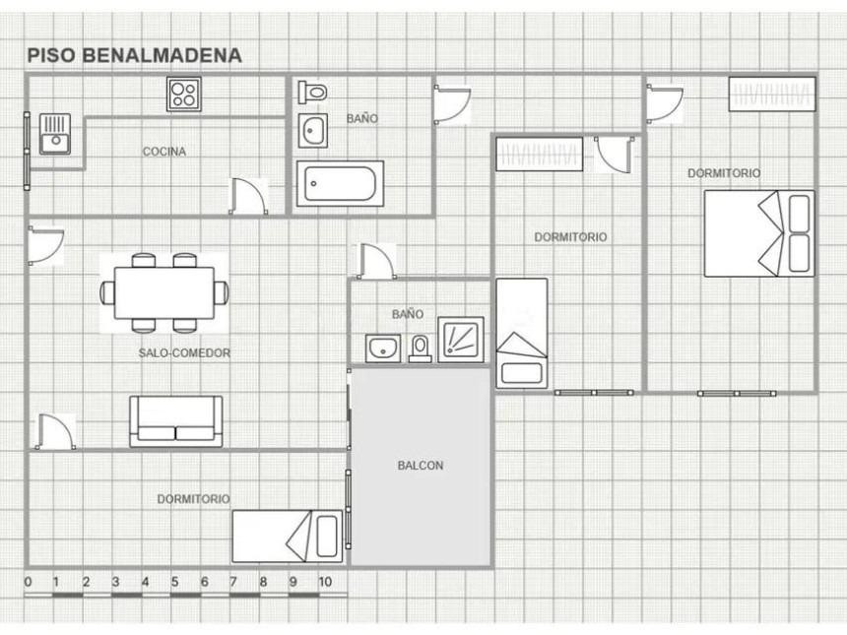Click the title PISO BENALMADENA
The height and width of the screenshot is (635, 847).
(135, 55)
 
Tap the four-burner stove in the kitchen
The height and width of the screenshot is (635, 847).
(183, 94)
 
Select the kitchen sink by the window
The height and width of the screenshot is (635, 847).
(55, 134)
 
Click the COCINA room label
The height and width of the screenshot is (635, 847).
(164, 152)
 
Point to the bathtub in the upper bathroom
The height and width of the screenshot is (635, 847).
(340, 183)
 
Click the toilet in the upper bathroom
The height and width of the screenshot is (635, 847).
(313, 92)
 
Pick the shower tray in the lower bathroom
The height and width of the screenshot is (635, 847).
(461, 339)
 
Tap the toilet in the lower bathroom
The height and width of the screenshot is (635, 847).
(420, 349)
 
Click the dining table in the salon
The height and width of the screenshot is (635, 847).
(164, 292)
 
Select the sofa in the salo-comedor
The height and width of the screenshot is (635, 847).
(176, 421)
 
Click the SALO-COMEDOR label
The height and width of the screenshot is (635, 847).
(185, 353)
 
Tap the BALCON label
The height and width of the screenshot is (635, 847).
(421, 466)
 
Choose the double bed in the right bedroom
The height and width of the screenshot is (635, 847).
(759, 233)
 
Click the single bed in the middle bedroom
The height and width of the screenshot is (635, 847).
(522, 333)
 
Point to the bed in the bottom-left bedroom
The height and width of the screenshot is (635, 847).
(288, 537)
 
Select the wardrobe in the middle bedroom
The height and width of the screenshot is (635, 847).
(539, 154)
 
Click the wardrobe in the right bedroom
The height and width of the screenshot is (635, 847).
(772, 94)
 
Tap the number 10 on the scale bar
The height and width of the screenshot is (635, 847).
(325, 582)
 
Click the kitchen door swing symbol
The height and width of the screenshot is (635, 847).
(248, 196)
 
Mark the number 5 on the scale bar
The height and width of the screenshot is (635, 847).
(174, 582)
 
